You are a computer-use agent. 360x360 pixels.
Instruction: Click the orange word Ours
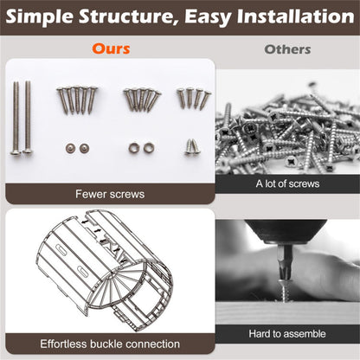pos(111,48)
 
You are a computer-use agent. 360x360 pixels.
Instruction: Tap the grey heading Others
pos(287,49)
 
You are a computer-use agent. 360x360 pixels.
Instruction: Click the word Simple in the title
pos(39,16)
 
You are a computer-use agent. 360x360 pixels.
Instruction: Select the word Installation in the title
pos(295,16)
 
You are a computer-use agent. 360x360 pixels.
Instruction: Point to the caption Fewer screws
pos(110,194)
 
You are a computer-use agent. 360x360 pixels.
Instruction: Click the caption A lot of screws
pos(287,183)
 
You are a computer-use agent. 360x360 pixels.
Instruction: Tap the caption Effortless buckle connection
pos(110,344)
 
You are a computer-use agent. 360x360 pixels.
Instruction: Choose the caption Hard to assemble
pos(287,334)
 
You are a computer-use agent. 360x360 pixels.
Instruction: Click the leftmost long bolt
pos(16,119)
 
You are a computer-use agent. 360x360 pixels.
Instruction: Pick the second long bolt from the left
pos(28,117)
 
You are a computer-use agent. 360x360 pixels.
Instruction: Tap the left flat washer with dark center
pos(70,148)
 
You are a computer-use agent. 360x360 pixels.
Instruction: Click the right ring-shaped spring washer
pos(149,148)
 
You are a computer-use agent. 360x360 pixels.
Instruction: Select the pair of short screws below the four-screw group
pos(192,146)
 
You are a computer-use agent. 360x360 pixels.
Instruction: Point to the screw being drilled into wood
pos(285,289)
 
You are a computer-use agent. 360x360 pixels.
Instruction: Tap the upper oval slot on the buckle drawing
pos(61,249)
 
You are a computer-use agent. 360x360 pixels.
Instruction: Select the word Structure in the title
pos(128,16)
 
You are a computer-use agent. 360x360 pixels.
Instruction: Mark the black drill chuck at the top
pos(286,231)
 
